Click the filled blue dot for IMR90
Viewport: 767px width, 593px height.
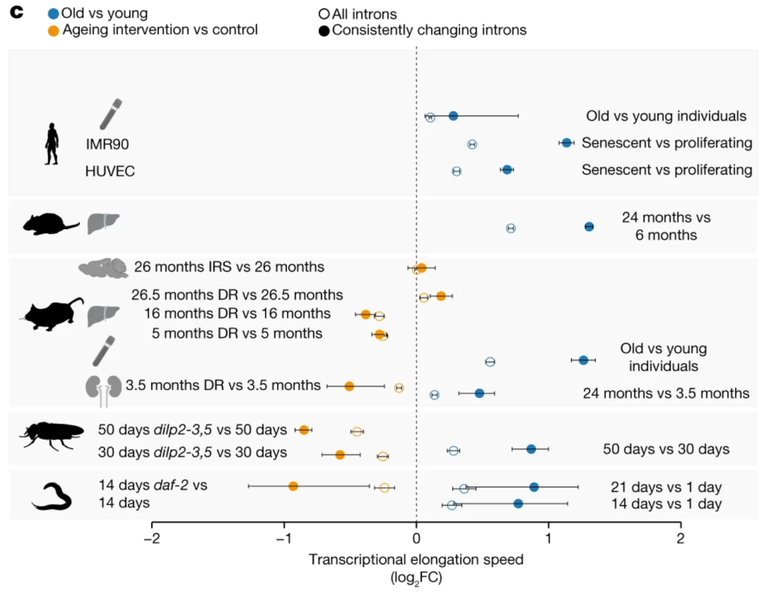[566, 143]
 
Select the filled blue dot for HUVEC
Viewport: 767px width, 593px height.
[506, 170]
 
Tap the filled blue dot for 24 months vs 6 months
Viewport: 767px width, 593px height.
[589, 226]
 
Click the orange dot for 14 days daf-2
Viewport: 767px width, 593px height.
[293, 486]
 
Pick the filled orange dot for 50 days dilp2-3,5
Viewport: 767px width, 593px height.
[304, 430]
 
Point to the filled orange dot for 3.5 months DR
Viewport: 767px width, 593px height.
[349, 386]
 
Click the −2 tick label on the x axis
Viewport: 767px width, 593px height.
[151, 538]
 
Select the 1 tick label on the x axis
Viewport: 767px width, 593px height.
[549, 538]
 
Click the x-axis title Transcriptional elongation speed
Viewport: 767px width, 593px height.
[416, 559]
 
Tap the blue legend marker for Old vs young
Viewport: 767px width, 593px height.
[53, 13]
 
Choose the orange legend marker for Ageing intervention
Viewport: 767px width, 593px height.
[53, 30]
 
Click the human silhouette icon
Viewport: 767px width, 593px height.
[52, 143]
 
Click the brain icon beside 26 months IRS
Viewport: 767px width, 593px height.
[104, 267]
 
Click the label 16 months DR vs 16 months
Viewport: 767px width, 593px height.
[237, 314]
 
